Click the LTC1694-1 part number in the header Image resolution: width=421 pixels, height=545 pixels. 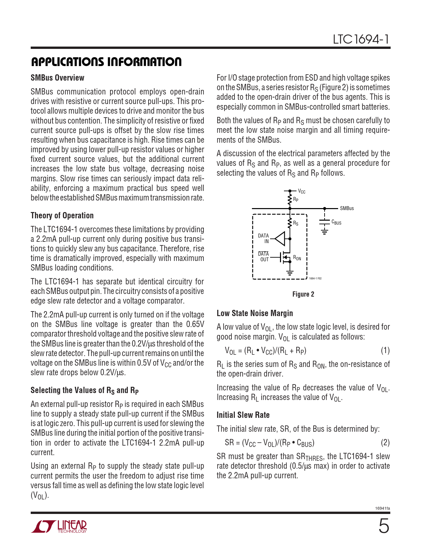coord(361,40)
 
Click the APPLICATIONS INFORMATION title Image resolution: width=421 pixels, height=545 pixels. coord(106,62)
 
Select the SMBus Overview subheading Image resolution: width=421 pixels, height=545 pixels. coord(57,78)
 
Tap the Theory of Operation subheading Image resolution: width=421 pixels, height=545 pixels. coord(62,216)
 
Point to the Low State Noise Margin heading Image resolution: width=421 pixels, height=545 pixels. coord(255,313)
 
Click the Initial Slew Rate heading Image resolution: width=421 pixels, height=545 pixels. coord(243,415)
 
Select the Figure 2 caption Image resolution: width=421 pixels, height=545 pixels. coord(303,294)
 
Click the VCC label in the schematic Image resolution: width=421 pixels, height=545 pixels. coord(301,191)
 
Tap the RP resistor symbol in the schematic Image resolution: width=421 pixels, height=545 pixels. coord(290,199)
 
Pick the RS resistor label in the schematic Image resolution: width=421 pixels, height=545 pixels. coord(296,224)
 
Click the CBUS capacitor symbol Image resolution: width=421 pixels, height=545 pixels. coord(325,222)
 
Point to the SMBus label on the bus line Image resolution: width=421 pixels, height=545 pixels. coord(347,208)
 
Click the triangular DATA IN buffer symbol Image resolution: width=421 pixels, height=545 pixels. coord(280,238)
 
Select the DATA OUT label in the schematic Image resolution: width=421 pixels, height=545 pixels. coord(264,257)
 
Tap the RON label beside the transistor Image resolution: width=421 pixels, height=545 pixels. coord(297,258)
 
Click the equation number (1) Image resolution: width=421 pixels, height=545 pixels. coord(385,350)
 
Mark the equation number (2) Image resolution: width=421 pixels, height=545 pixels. coord(385,443)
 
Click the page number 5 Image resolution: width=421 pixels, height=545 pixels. coord(384,526)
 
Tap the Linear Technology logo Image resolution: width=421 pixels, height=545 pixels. coord(59,527)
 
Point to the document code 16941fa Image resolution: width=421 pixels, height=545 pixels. coord(382,508)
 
